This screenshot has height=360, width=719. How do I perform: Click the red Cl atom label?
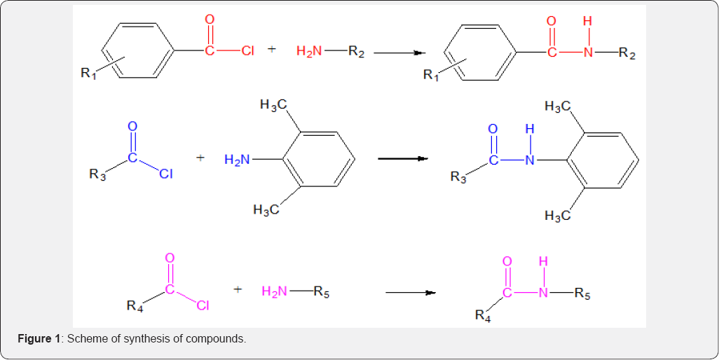(x=247, y=50)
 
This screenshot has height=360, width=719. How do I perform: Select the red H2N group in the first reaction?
(x=309, y=51)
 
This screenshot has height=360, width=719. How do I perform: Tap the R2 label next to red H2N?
(x=356, y=51)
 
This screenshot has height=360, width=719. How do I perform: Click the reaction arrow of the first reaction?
(x=400, y=53)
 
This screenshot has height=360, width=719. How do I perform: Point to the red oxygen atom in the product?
(x=552, y=20)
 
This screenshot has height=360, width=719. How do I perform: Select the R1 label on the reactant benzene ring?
(x=89, y=72)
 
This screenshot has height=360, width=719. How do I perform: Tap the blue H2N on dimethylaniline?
(x=238, y=160)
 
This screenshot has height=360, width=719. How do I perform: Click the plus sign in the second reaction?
(x=200, y=158)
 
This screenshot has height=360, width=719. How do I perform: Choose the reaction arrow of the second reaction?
(x=403, y=158)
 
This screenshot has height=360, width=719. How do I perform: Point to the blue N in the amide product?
(x=530, y=160)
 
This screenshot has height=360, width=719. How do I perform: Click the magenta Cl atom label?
(x=203, y=305)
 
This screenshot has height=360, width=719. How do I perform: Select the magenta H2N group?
(x=275, y=291)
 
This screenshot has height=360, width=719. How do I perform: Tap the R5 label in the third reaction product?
(x=582, y=293)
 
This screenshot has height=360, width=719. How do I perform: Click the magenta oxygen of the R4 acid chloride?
(x=170, y=258)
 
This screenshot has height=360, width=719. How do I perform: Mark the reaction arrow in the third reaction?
(x=410, y=293)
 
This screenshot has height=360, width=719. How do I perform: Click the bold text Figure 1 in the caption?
(x=39, y=340)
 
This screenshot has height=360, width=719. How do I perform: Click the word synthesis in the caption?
(x=139, y=340)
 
